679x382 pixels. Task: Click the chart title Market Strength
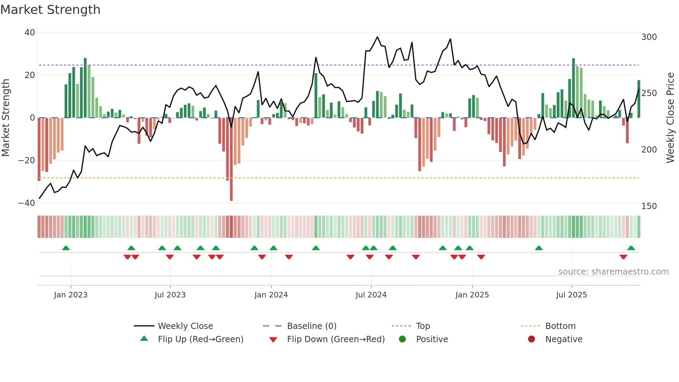point(51,10)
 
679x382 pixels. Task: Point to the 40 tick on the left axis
point(30,33)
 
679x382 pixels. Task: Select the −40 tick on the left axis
point(27,203)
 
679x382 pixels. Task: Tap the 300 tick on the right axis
point(649,37)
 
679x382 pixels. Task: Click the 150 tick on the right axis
point(649,206)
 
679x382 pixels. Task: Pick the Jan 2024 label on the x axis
point(271,295)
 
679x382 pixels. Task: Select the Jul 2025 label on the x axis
point(571,295)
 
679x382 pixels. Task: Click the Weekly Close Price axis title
point(670,118)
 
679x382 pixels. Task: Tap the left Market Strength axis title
point(6,118)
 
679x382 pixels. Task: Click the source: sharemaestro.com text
point(613,272)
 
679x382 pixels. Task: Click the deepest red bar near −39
point(231,159)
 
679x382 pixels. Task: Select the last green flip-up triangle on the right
point(631,248)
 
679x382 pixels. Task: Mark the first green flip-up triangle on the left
point(66,248)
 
